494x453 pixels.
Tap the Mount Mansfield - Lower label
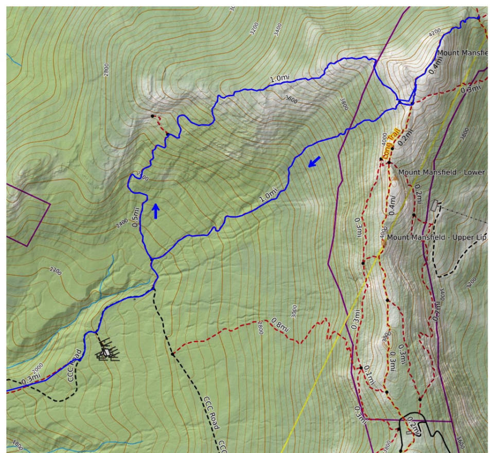[x=442, y=172]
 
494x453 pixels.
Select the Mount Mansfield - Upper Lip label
[x=436, y=238]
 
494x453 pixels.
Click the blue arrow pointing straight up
[x=155, y=211]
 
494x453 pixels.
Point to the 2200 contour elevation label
[x=55, y=269]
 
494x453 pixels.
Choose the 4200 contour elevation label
[x=435, y=32]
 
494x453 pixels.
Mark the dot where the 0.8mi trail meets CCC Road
[x=172, y=354]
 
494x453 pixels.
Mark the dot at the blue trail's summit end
[x=478, y=17]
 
